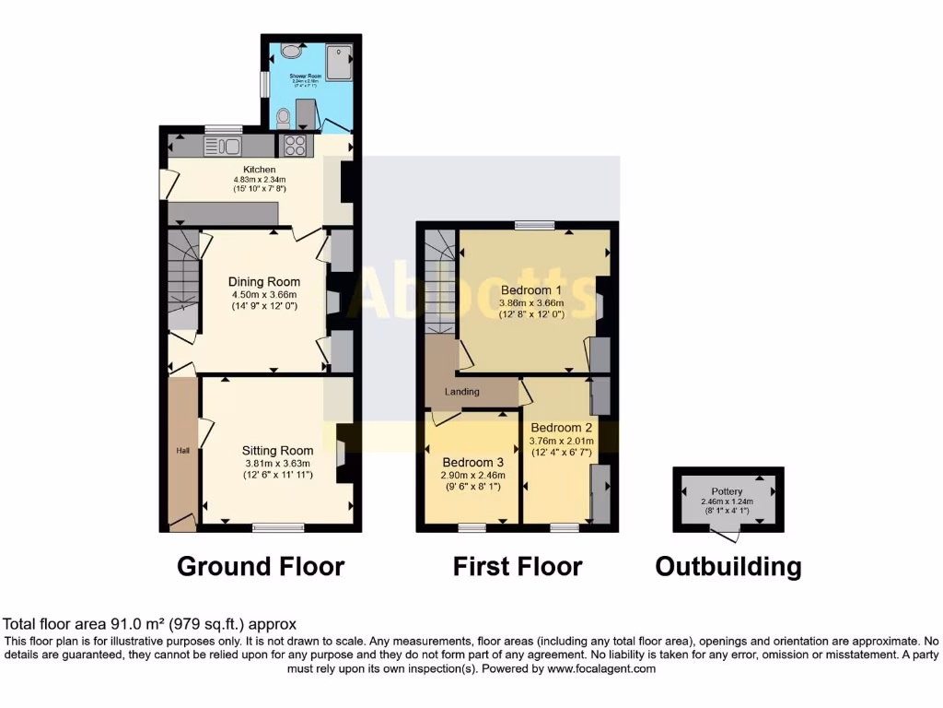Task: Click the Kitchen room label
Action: pyautogui.click(x=259, y=170)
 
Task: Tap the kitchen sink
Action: pyautogui.click(x=222, y=146)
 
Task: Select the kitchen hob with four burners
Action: pyautogui.click(x=296, y=146)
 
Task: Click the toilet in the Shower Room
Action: pyautogui.click(x=283, y=116)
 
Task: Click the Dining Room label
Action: pyautogui.click(x=264, y=281)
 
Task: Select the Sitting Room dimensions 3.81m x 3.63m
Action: pyautogui.click(x=277, y=464)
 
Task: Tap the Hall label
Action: pyautogui.click(x=182, y=451)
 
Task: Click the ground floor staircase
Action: pyautogui.click(x=183, y=281)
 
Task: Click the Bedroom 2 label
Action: pyautogui.click(x=561, y=428)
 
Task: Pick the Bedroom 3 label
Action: pyautogui.click(x=472, y=462)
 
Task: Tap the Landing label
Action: pyautogui.click(x=462, y=392)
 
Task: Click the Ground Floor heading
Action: pyautogui.click(x=261, y=566)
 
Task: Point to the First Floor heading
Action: pyautogui.click(x=518, y=566)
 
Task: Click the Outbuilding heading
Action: pyautogui.click(x=728, y=566)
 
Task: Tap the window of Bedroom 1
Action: pyautogui.click(x=534, y=224)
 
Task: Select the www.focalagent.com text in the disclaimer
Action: pyautogui.click(x=603, y=669)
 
